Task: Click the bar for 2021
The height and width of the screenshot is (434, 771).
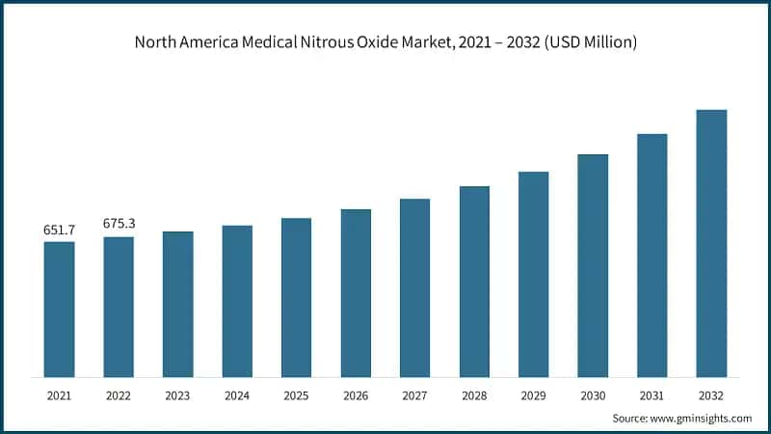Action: pos(59,309)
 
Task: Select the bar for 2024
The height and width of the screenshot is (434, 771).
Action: pos(237,301)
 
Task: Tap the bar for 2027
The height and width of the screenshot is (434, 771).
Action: pos(415,287)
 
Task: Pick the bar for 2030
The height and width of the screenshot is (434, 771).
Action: pos(593,265)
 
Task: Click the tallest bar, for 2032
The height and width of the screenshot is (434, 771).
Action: pos(711,243)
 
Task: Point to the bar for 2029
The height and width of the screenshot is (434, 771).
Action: pos(533,274)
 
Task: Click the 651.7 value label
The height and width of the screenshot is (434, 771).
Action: pos(59,230)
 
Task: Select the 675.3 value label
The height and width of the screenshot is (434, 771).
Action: pos(119,224)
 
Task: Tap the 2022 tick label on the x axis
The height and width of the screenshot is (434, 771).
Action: pos(119,395)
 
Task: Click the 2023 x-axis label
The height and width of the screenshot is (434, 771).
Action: pos(178,395)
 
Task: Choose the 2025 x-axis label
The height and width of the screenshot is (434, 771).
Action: pos(297,395)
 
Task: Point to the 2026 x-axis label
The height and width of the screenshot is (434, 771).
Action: pos(356,395)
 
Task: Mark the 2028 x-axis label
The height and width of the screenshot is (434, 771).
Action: pos(474,395)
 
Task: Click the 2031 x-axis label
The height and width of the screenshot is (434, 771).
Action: pos(652,395)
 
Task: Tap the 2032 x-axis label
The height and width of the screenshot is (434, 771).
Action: pos(711,395)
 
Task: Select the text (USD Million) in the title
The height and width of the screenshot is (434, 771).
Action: pos(588,42)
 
